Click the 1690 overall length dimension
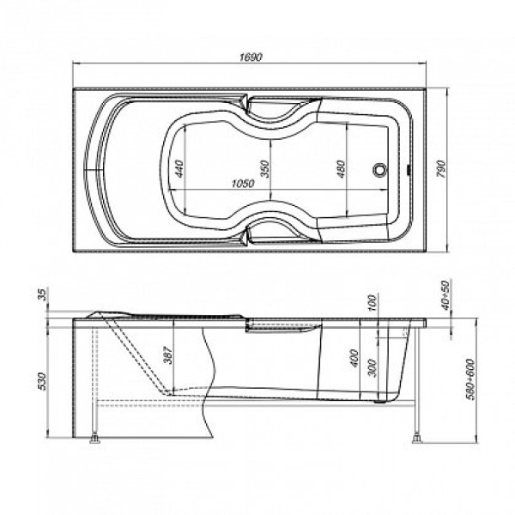[251, 58]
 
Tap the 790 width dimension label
[441, 169]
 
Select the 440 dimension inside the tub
[179, 168]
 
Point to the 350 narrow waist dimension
[265, 168]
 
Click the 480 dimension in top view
[342, 169]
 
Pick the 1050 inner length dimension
[243, 184]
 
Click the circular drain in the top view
[380, 170]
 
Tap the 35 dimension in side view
[43, 294]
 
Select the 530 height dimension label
[43, 381]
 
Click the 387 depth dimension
[168, 355]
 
